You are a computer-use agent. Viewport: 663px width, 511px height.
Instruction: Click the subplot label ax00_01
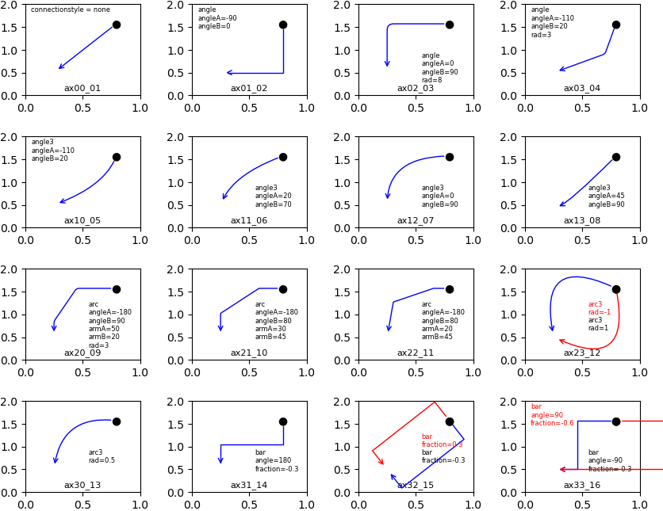point(82,89)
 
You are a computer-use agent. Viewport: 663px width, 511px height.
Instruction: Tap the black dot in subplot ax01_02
point(283,25)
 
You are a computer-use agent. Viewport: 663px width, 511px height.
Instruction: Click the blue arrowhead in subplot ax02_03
point(387,63)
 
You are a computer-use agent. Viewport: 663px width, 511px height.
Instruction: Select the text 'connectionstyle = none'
point(71,10)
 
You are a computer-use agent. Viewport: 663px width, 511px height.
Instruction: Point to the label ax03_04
point(582,89)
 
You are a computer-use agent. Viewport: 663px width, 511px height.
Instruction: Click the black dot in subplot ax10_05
point(117,157)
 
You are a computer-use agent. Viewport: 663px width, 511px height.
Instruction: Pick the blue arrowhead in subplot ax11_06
point(224,196)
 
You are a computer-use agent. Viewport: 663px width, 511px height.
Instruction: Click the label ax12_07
point(416,221)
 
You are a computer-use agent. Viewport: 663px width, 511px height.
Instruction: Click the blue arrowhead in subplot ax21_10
point(220,327)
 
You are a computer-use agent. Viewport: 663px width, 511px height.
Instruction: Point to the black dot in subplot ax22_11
point(450,289)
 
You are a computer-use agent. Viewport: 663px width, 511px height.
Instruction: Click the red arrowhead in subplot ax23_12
point(561,341)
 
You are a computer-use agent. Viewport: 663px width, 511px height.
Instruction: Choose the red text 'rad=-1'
point(599,312)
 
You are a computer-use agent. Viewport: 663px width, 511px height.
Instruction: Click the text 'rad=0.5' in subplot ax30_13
point(102,460)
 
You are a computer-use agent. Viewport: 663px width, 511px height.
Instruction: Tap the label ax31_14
point(249,486)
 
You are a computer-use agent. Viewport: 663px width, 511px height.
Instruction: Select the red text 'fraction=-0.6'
point(552,423)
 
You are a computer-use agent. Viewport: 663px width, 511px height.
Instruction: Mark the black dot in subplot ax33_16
point(616,421)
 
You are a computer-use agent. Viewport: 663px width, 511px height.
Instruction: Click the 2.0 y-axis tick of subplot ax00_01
point(14,6)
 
